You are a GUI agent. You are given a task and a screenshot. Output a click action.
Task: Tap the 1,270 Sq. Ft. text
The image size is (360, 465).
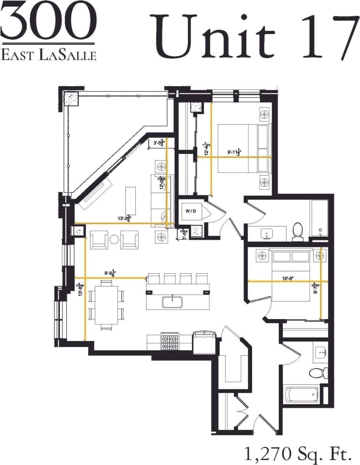pyautogui.click(x=298, y=453)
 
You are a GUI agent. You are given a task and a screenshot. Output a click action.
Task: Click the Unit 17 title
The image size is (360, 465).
pyautogui.click(x=254, y=36)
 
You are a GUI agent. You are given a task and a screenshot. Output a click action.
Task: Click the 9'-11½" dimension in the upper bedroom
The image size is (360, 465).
pyautogui.click(x=235, y=152)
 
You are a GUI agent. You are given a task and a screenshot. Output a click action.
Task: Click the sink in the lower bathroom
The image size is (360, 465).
pyautogui.click(x=320, y=353)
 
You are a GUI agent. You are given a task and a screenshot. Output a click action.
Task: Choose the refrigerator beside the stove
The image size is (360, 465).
pyautogui.click(x=203, y=341)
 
